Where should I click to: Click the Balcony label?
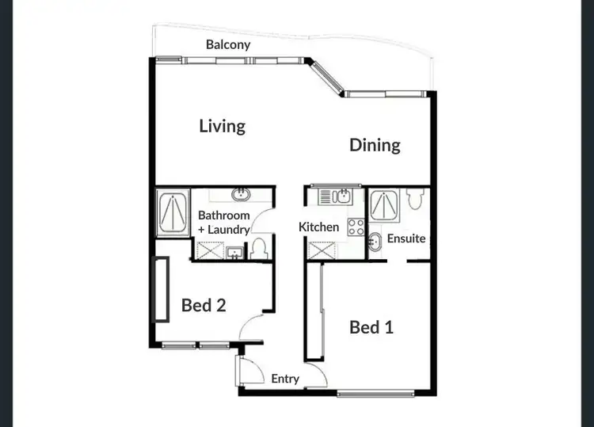[x=228, y=45]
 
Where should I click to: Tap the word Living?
[x=222, y=126]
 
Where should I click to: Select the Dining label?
[x=375, y=145]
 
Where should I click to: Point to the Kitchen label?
[x=318, y=227]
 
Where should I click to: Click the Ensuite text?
[x=406, y=238]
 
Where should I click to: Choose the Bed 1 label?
[x=371, y=326]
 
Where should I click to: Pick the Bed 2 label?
[x=204, y=305]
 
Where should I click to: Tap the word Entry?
[x=285, y=379]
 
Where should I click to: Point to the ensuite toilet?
[x=413, y=200]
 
